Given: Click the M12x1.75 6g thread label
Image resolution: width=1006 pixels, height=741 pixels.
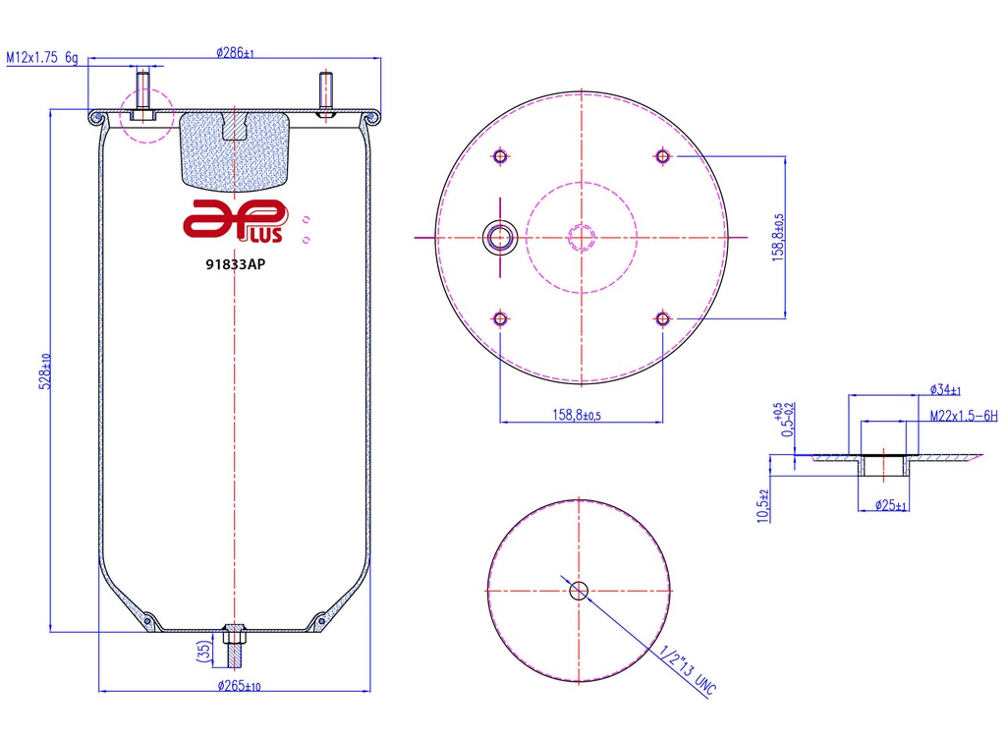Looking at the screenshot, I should coord(42,58).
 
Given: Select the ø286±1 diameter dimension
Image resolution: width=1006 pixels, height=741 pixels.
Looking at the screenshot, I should coord(235,53).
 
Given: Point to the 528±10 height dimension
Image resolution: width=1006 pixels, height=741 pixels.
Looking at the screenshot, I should coord(44,372).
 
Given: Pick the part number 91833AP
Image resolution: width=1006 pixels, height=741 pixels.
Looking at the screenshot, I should coord(236,262).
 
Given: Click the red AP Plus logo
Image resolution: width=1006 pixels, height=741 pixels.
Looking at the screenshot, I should coord(236,219).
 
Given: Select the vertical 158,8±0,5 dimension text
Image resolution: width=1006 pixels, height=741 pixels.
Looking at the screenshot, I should coord(779,237).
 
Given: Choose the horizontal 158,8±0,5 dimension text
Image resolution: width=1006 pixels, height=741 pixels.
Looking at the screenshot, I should coord(583,415).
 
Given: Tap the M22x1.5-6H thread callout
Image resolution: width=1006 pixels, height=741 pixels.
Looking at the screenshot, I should coord(963,416).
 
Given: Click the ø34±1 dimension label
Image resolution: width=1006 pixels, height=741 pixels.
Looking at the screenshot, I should coord(946,390).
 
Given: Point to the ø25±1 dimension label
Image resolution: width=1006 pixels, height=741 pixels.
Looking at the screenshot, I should coord(890,506).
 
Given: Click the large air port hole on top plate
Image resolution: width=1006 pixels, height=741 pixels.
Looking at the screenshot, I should coord(502,236).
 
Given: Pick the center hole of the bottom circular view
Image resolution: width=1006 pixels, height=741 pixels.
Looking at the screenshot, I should coord(579,590).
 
